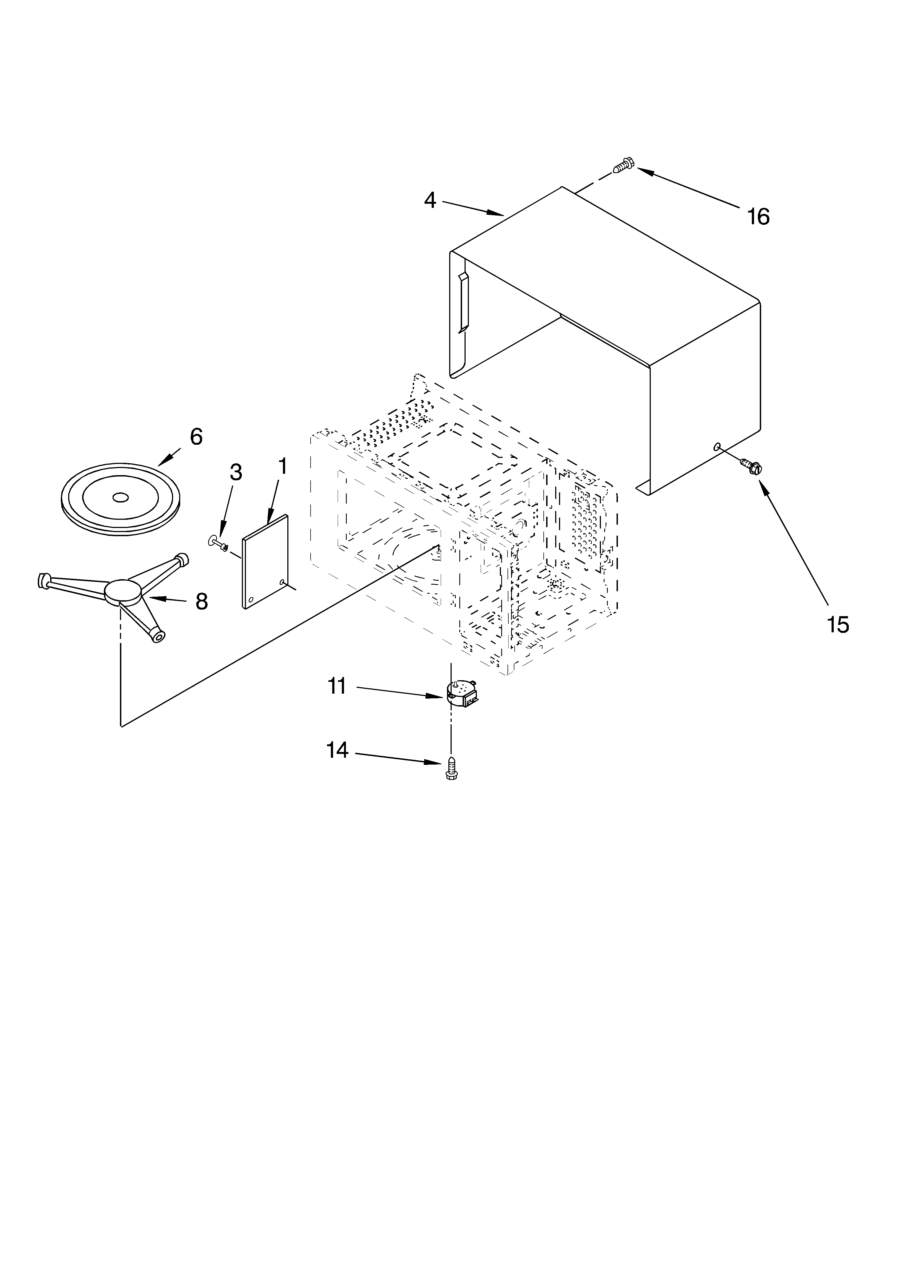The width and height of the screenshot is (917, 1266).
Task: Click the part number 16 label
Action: [x=758, y=217]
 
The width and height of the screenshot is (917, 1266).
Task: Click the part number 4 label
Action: [x=429, y=200]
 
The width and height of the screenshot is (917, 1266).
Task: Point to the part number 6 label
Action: [x=196, y=437]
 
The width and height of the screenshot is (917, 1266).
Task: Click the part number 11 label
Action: [x=337, y=686]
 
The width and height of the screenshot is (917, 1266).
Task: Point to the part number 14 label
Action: [x=337, y=750]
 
